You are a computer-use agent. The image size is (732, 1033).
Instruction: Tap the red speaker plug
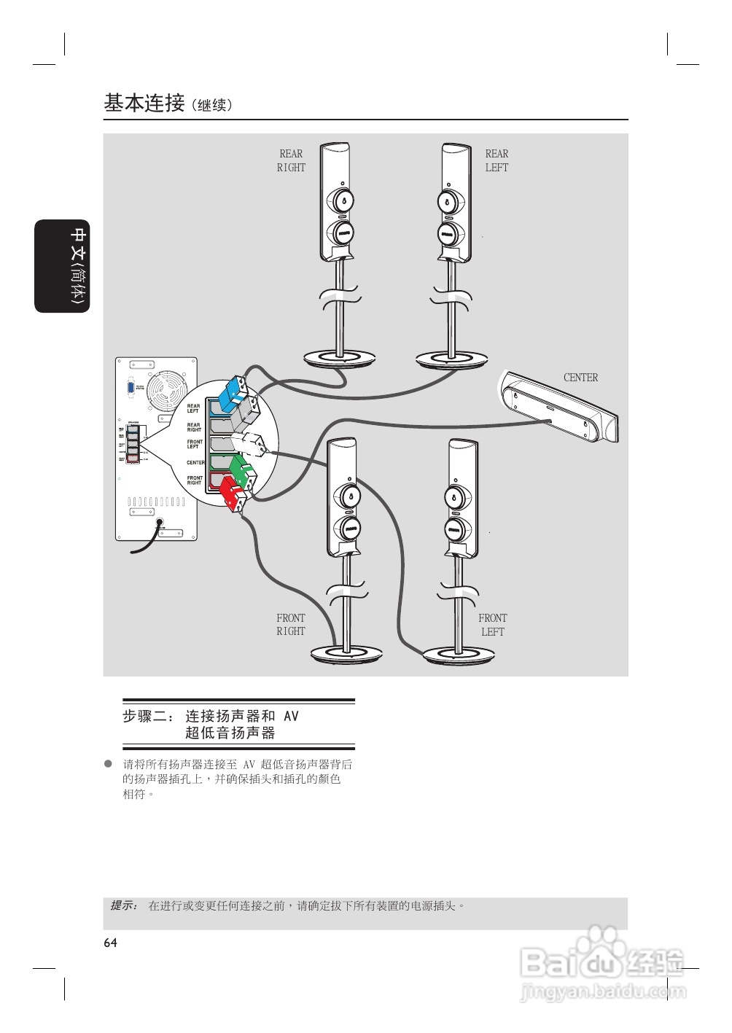pyautogui.click(x=232, y=494)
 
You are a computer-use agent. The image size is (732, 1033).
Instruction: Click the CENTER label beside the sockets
pyautogui.click(x=195, y=463)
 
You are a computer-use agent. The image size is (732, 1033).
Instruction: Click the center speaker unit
pyautogui.click(x=560, y=408)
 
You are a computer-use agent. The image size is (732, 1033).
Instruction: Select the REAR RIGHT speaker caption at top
pyautogui.click(x=291, y=160)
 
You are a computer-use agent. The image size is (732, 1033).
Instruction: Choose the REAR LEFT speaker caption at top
pyautogui.click(x=497, y=160)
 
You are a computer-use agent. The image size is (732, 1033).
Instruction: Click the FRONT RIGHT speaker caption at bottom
pyautogui.click(x=290, y=625)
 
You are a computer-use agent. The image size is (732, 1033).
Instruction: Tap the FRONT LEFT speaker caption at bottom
pyautogui.click(x=493, y=625)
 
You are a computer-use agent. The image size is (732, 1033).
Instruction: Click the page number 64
pyautogui.click(x=110, y=943)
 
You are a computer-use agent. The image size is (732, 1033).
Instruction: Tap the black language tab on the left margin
pyautogui.click(x=63, y=266)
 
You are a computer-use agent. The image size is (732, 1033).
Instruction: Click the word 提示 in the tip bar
pyautogui.click(x=123, y=905)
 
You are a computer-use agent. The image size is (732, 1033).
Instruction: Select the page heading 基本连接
pyautogui.click(x=144, y=103)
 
